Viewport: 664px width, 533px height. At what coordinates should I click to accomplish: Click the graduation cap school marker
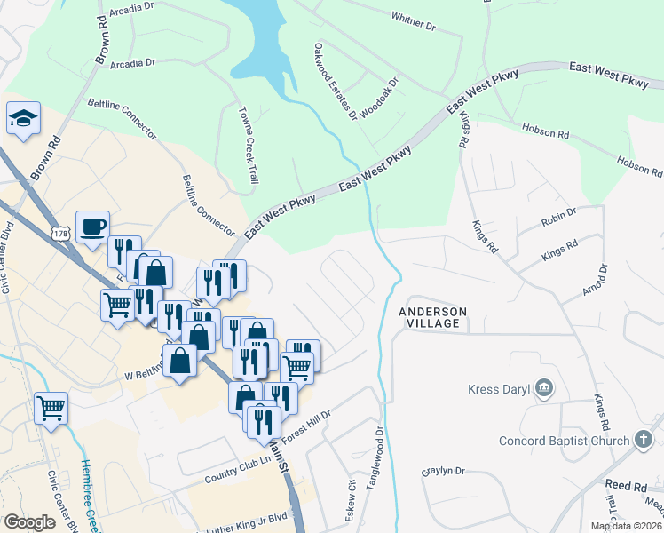point(23,118)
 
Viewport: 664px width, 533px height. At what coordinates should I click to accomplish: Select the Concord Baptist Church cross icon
point(644,441)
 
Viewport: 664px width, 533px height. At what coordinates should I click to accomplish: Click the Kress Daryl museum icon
point(545,388)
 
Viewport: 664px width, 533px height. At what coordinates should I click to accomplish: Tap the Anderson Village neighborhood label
point(432,317)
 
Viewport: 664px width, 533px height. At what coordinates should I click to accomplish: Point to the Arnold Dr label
point(604,281)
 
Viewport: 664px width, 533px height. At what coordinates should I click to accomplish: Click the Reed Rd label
point(626,487)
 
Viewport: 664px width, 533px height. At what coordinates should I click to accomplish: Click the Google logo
point(29,522)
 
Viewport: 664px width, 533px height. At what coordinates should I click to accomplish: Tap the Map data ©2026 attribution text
point(627,526)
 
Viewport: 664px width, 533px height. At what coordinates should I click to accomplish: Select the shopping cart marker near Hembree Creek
point(51,409)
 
